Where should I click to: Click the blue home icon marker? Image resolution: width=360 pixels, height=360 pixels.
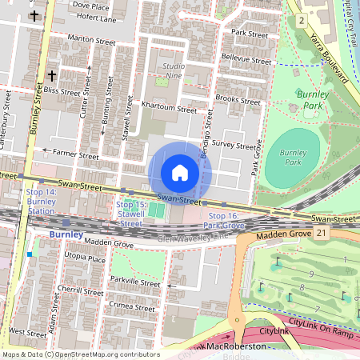point(180,173)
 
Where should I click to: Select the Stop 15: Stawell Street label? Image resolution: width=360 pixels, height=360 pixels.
point(130,214)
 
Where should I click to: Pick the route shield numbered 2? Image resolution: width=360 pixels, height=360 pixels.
point(298,18)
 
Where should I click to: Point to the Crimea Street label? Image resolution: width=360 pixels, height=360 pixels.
point(133,307)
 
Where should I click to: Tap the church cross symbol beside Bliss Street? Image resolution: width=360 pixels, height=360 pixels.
point(52,76)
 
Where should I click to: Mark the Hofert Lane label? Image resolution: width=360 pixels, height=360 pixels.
point(94,18)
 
